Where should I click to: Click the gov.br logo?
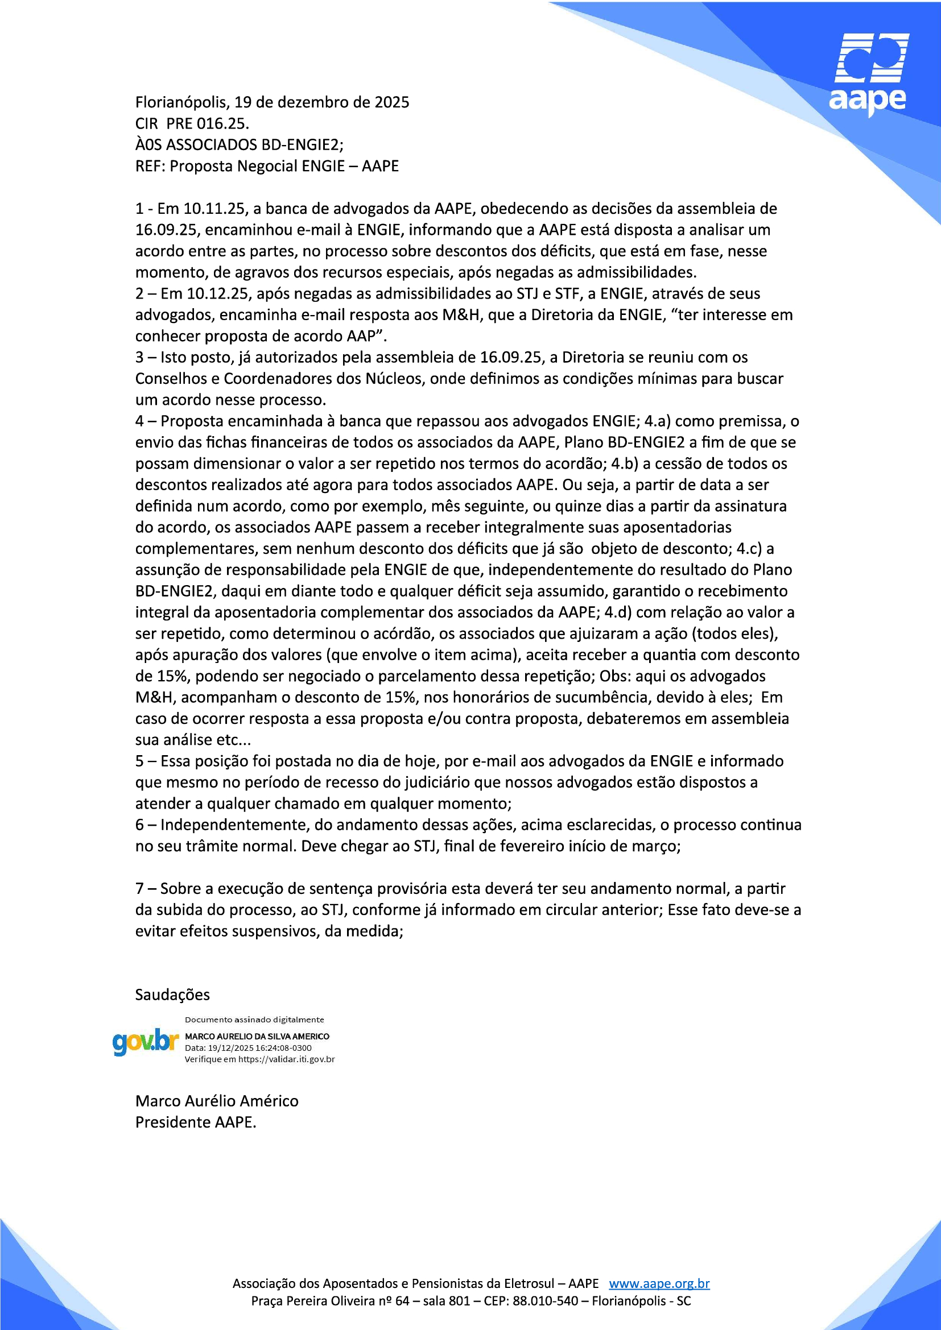coord(146,1042)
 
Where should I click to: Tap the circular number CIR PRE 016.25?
coord(192,123)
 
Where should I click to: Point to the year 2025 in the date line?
coord(391,102)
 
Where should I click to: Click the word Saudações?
coord(172,995)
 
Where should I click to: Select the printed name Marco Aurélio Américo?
coord(217,1101)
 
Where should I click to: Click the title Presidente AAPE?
coord(195,1122)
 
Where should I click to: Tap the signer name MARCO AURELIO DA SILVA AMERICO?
coord(257,1037)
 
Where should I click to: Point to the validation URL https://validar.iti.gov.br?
coord(286,1059)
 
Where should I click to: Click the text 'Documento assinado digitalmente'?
coord(254,1020)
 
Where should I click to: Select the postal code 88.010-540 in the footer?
coord(545,1301)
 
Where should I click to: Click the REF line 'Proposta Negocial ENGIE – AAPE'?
coord(284,166)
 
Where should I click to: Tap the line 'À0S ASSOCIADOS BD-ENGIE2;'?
coord(240,145)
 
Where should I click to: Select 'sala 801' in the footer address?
coord(446,1301)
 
